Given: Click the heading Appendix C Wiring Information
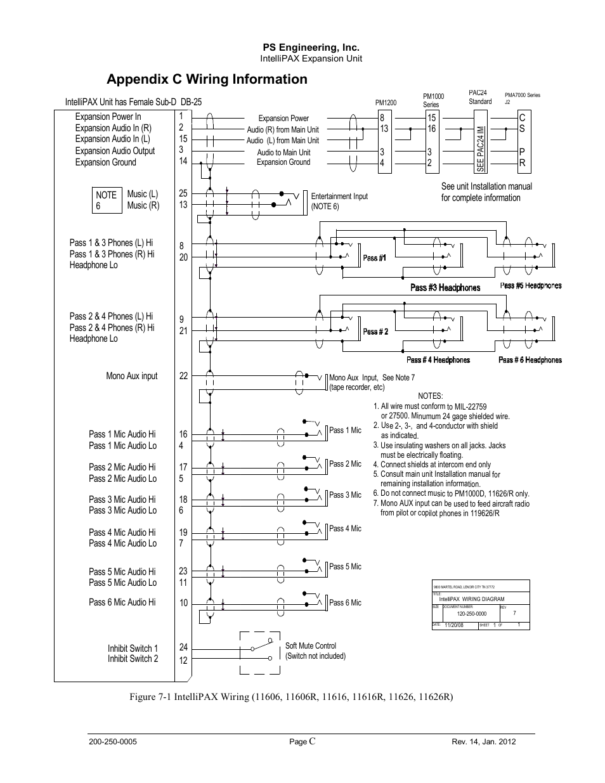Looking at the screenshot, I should [207, 79].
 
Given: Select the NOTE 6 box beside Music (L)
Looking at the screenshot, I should [106, 200].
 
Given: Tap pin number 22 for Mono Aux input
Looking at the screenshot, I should [183, 376].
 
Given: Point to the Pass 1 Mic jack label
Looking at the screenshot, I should [345, 430].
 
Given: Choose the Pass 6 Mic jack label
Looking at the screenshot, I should [345, 602].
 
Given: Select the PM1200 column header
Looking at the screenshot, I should [386, 103].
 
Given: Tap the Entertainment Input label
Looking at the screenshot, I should [339, 197].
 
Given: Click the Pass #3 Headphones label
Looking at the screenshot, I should [445, 288].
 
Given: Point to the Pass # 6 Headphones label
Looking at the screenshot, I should [530, 360].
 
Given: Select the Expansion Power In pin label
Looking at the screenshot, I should [108, 117].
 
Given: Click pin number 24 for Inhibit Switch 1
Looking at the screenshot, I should [183, 647].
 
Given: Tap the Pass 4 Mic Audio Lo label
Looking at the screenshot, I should [122, 543].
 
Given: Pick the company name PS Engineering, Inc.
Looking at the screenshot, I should [311, 48].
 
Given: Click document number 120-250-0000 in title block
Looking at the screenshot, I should [471, 614].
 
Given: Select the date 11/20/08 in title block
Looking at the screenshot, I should [454, 625].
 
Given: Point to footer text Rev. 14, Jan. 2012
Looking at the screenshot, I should [483, 741].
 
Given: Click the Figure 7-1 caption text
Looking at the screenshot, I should [291, 697].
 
